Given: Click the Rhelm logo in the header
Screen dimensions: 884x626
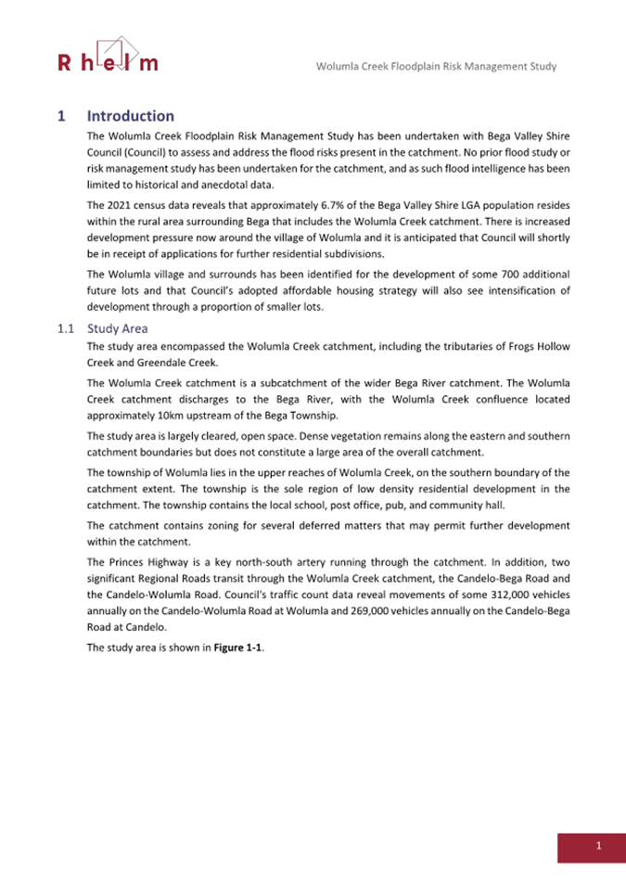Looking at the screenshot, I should (x=108, y=55).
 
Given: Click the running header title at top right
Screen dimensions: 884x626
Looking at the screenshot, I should (x=436, y=67).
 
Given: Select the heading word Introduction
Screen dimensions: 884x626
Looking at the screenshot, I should (x=131, y=116).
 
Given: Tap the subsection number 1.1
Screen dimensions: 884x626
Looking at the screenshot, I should (x=65, y=328).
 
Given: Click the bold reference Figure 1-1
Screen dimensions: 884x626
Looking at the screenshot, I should (x=238, y=647).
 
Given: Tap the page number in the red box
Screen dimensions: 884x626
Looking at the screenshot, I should (x=599, y=845).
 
